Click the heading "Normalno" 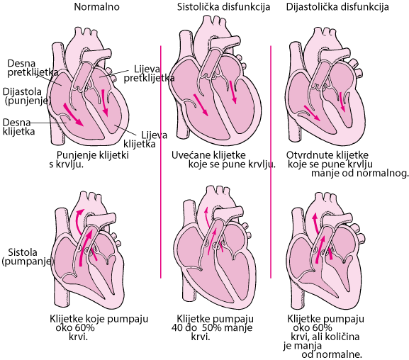coord(97,7)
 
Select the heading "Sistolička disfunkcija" coord(223,7)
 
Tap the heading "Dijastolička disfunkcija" coord(337,7)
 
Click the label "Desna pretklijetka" coord(33,67)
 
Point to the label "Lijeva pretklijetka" coord(149,73)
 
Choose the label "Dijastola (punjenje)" coord(27,96)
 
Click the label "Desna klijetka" coord(18,127)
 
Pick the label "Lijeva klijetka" coord(145,140)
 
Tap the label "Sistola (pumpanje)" coord(28,257)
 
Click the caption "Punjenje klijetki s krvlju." coord(89,159)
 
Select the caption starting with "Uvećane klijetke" coord(223,159)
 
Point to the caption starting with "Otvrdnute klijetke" coord(347,164)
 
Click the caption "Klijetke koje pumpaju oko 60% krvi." coord(99,327)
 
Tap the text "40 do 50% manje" coord(212,327)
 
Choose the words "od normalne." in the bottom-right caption coord(332,354)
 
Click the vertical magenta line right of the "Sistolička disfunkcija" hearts coord(271,162)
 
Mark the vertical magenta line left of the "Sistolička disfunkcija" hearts coord(161,162)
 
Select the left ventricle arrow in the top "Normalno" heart coord(105,103)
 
